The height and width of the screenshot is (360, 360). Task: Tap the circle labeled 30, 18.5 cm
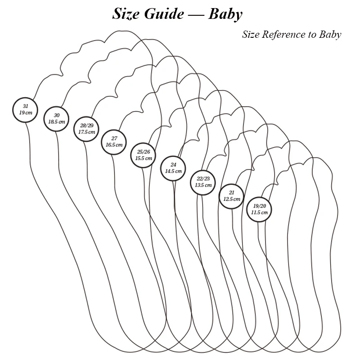click(x=57, y=119)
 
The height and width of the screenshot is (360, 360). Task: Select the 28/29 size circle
click(x=86, y=129)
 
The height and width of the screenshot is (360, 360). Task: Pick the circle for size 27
click(x=114, y=142)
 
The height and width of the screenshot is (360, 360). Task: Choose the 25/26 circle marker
click(x=143, y=155)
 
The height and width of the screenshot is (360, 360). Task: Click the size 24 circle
click(x=173, y=168)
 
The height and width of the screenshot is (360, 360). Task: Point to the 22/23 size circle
click(x=203, y=182)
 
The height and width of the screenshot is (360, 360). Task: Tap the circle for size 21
click(x=231, y=196)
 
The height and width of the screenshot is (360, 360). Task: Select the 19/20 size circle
click(x=259, y=209)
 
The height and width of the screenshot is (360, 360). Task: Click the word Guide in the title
click(x=164, y=14)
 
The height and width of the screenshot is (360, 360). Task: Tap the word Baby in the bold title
click(x=225, y=14)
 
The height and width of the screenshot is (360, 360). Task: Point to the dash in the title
click(x=195, y=15)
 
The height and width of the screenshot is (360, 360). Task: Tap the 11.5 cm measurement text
click(x=259, y=212)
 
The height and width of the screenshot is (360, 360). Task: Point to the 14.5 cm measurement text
click(x=173, y=171)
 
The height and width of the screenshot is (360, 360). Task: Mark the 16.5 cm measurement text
click(x=114, y=145)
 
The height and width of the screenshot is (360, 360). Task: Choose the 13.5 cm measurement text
click(x=203, y=185)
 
